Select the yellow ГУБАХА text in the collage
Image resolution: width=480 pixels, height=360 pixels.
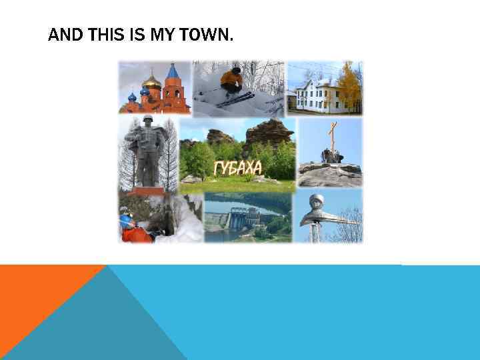pyautogui.click(x=237, y=168)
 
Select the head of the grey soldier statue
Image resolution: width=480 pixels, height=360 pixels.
pyautogui.click(x=147, y=121)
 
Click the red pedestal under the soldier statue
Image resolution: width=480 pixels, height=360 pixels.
pyautogui.click(x=148, y=191)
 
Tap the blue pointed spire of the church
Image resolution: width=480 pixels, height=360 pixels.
pyautogui.click(x=173, y=71)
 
